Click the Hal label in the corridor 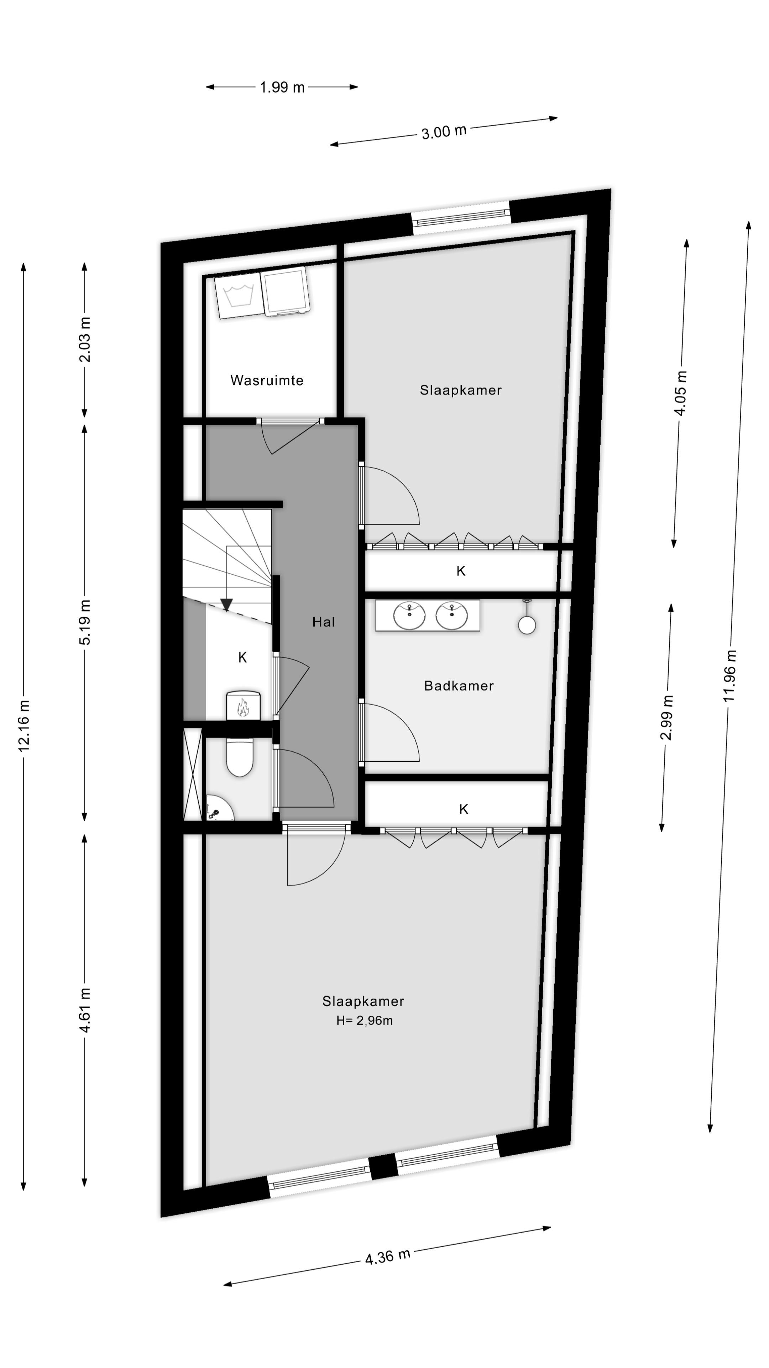(323, 622)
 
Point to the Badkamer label (459, 685)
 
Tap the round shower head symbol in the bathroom (527, 624)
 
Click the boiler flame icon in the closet (243, 708)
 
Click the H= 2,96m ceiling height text (364, 1021)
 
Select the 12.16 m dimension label (24, 725)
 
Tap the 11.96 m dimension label (730, 675)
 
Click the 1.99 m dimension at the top (282, 87)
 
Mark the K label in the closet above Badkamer (461, 571)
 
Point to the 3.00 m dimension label (444, 131)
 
